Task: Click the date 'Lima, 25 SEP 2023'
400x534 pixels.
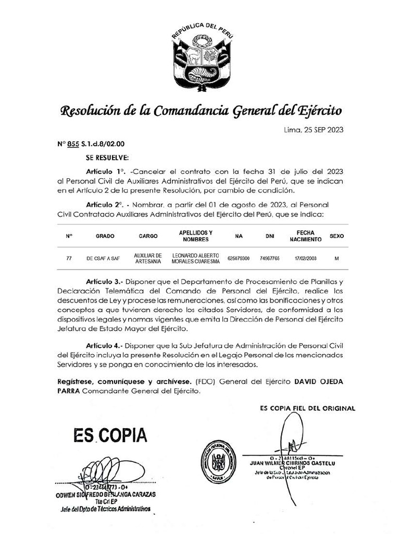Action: click(313, 130)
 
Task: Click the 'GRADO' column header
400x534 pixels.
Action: click(105, 236)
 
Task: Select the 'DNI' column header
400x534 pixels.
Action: click(269, 236)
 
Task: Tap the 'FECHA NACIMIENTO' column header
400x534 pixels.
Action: click(305, 236)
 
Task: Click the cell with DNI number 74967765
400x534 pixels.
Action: click(269, 258)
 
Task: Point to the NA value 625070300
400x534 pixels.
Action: click(239, 258)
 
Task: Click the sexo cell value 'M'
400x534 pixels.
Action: click(336, 258)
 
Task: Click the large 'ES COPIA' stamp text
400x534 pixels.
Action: click(110, 435)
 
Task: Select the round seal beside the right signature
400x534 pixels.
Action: click(219, 460)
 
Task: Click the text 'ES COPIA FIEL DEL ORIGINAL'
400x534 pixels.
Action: click(307, 409)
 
